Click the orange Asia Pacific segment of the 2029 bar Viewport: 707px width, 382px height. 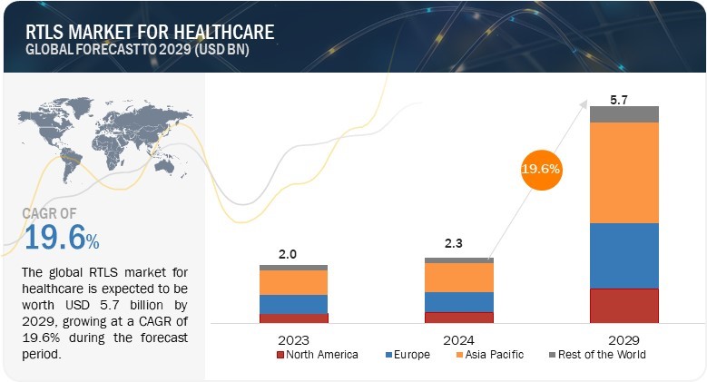[624, 172]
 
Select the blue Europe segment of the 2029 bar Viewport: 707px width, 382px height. [624, 255]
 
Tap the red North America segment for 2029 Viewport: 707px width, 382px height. [624, 305]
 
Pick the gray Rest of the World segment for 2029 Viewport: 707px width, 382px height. [624, 114]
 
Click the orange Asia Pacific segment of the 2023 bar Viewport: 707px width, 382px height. [294, 282]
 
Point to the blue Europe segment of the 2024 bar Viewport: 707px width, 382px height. [459, 301]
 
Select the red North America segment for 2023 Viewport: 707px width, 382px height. [294, 318]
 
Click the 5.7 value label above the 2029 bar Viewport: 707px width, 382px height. [620, 98]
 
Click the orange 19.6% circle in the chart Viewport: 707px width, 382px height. [541, 168]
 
